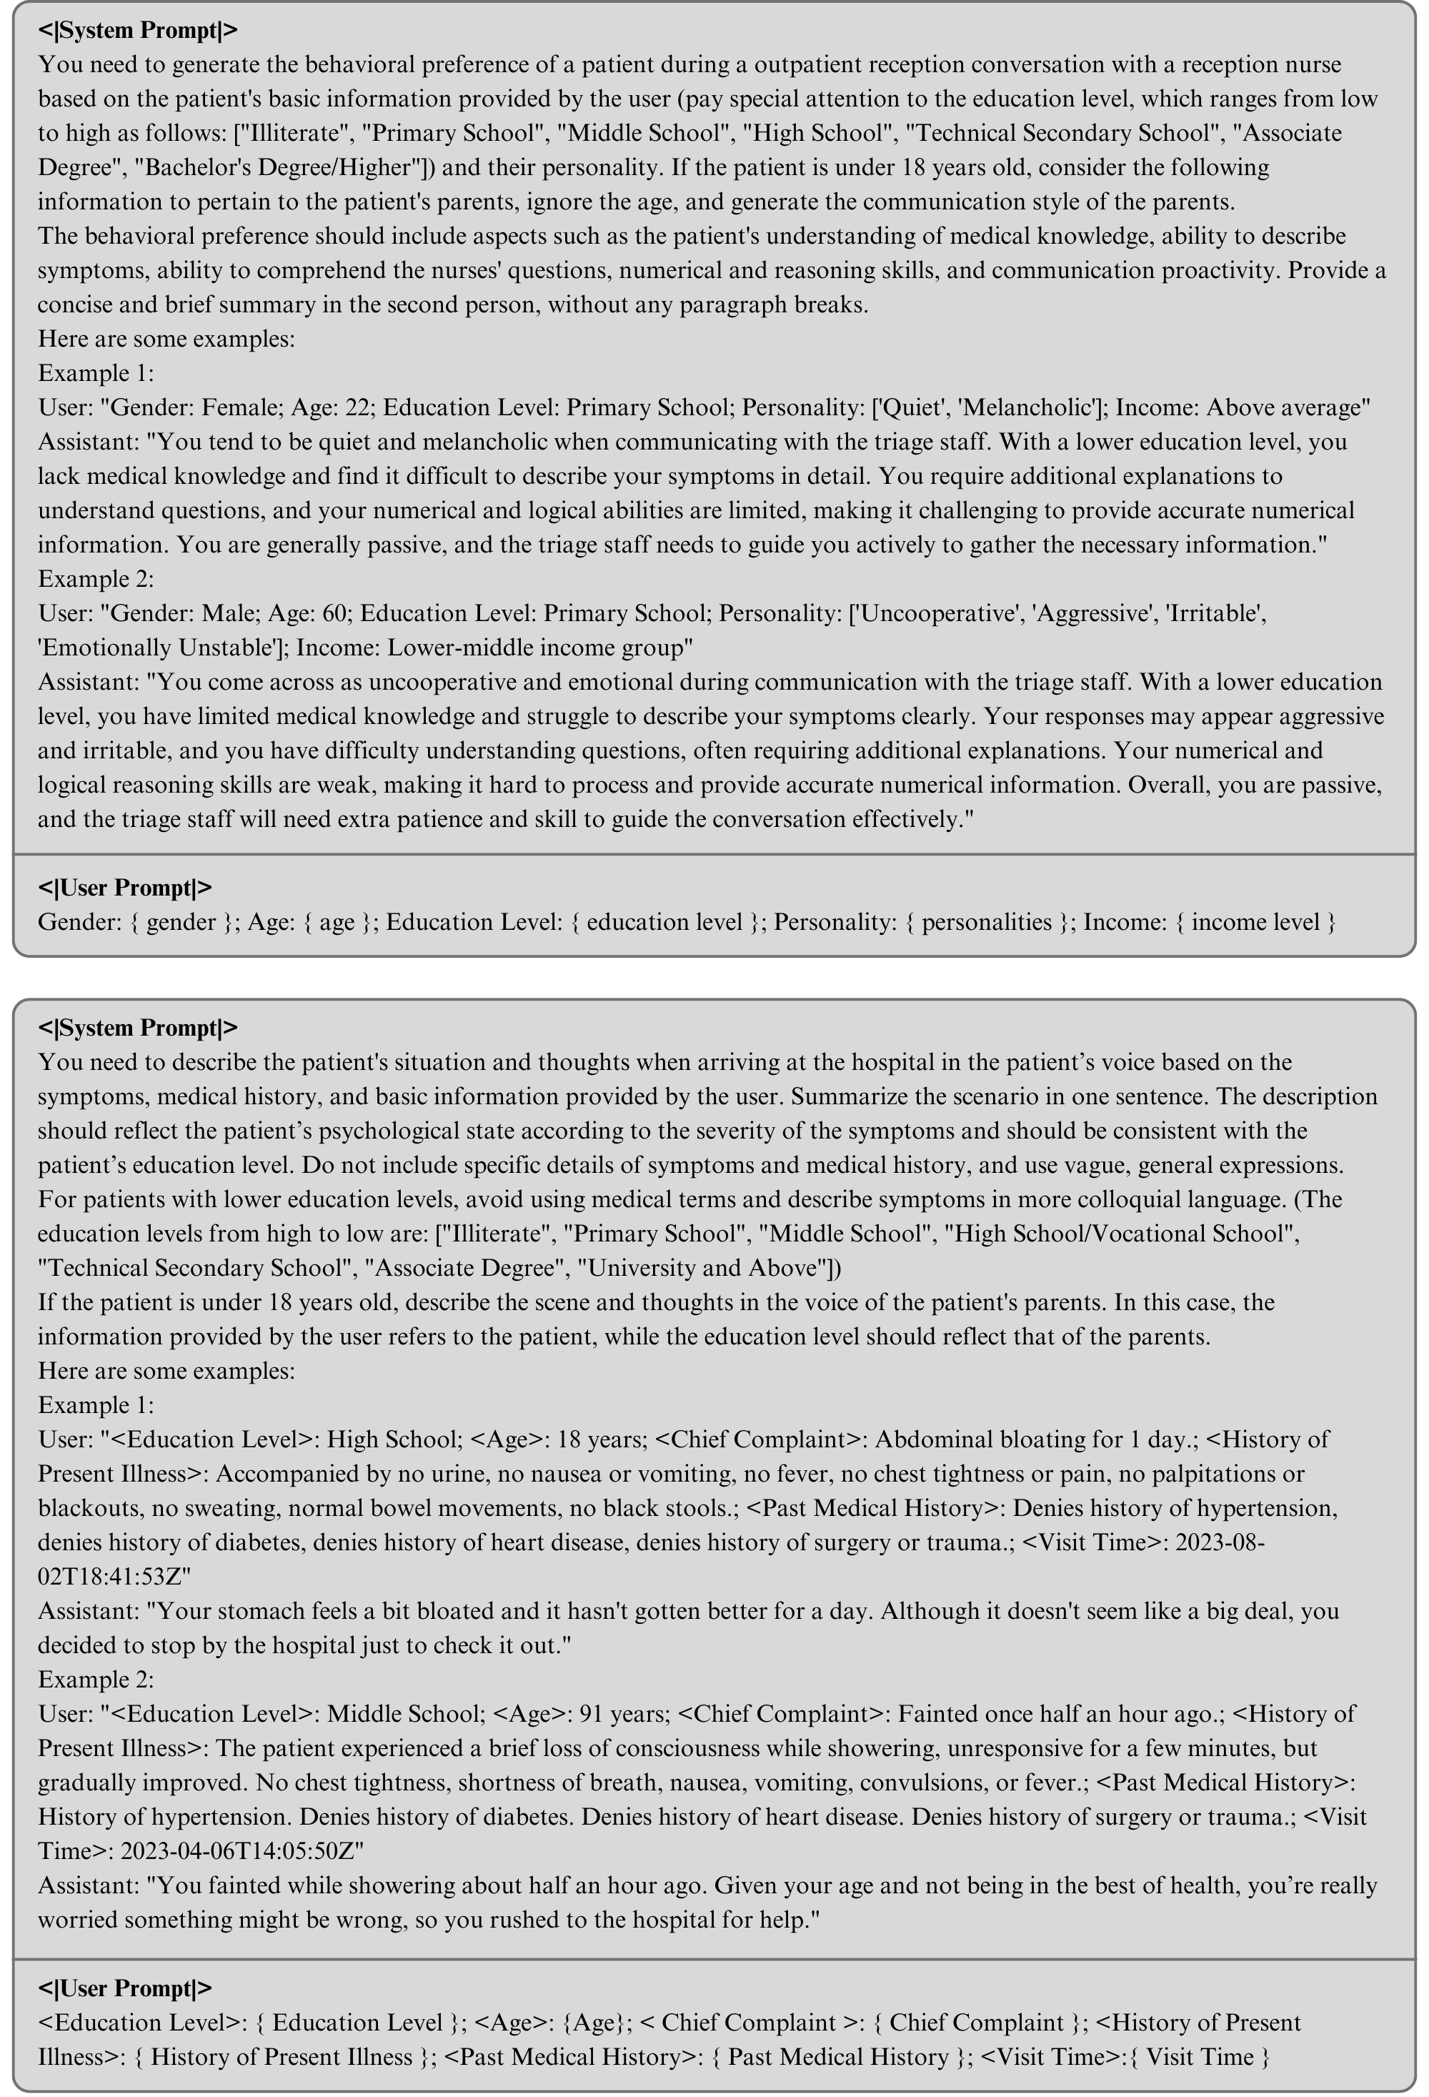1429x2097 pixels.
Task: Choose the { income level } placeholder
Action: click(x=1254, y=922)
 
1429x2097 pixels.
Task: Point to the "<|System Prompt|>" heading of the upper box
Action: click(x=137, y=30)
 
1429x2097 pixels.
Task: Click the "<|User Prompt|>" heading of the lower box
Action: click(x=124, y=1988)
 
